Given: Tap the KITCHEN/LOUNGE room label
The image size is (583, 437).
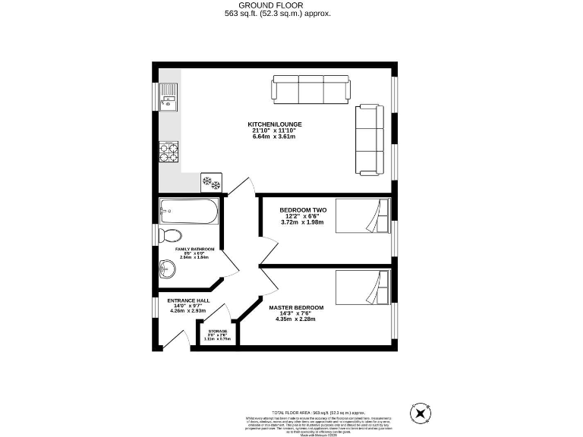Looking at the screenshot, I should coord(275,124).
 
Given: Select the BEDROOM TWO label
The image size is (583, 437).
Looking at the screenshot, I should coord(301,209).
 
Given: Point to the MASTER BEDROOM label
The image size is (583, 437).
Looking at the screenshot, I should coord(296,307).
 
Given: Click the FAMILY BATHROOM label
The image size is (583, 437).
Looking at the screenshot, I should coord(195,249).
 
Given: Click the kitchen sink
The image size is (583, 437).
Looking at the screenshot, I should coord(168,96).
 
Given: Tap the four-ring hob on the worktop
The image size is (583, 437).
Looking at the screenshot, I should coord(169,152).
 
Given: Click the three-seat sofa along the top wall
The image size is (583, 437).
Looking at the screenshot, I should coord(311,90).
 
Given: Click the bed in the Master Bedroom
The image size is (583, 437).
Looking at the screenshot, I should coord(363,287).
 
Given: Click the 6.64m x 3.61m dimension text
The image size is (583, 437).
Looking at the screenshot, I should coord(275,137).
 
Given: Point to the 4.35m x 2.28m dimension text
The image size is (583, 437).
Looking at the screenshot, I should coord(296,319).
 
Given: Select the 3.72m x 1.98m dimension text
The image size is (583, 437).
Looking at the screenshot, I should coord(301,222).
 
